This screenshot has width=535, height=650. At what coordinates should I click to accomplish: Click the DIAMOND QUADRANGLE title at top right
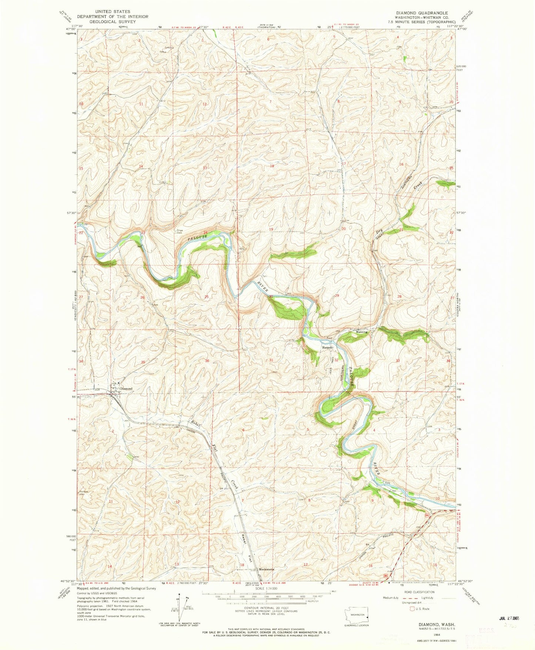(x=419, y=13)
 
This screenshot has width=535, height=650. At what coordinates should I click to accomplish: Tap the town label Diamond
(x=126, y=389)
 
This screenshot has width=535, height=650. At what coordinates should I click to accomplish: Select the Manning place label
(x=362, y=332)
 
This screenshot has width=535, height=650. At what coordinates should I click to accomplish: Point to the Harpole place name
(x=327, y=348)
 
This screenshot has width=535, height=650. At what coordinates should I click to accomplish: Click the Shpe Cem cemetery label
(x=179, y=232)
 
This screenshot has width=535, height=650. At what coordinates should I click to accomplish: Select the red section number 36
(x=207, y=361)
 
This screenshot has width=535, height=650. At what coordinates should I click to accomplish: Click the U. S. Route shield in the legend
(x=411, y=608)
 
